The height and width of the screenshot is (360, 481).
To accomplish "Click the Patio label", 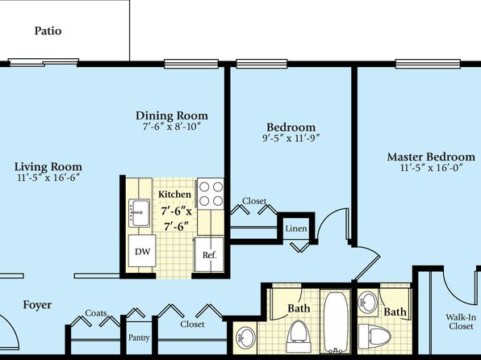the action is tap(48, 31).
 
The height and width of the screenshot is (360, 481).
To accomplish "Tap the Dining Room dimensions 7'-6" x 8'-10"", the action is tap(171, 127).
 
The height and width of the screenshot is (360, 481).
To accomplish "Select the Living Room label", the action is tap(48, 166).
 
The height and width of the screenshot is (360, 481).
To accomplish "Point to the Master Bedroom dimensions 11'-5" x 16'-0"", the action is tap(431, 168).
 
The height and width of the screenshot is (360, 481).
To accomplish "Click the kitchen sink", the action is tap(140, 212).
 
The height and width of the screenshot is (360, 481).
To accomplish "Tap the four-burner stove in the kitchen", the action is tap(211, 194).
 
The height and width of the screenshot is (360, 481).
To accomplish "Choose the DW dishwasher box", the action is tap(142, 251).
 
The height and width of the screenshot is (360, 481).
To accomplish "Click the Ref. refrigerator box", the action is tap(210, 254).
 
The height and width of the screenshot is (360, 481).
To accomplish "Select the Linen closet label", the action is tap(296, 228).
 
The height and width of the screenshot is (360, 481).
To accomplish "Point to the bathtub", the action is tap(336, 321).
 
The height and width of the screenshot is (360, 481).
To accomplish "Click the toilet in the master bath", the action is tap(374, 337).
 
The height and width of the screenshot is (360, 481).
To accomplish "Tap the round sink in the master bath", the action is tap(368, 303).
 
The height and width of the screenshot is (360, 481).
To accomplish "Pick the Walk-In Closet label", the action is tap(461, 321).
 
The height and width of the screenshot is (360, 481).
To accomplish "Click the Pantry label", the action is tap(139, 337).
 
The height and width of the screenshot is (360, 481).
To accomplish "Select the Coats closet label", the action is tap(96, 313).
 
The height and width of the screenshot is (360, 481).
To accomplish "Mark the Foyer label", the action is tap(37, 305).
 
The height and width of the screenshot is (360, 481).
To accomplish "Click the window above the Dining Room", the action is tap(191, 64).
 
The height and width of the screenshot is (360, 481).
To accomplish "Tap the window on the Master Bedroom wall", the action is tap(428, 64).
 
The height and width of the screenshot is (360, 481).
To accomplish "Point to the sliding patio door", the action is tap(44, 62).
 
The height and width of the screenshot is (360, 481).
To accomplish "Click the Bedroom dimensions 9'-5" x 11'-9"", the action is tap(291, 138).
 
